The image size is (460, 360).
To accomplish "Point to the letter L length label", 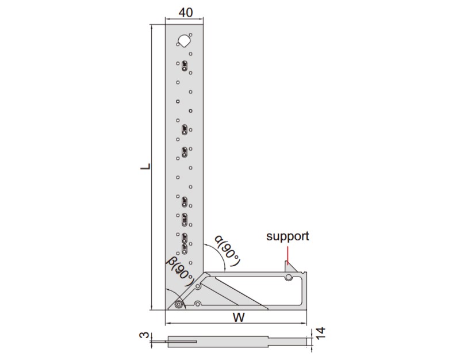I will point(146,167).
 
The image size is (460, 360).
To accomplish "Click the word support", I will point(287,236).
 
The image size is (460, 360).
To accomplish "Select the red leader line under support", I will point(289,253).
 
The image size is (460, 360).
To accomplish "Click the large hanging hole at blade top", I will point(184,40).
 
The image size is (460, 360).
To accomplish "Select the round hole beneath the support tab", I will point(288,278).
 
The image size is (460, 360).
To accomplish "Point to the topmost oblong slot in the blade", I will point(185,66).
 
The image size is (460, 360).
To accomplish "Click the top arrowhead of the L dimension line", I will point(152,27).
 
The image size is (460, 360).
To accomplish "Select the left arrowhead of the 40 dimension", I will point(167,21).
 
